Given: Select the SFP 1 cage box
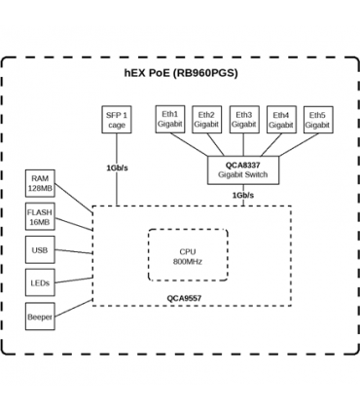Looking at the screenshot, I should (x=116, y=121).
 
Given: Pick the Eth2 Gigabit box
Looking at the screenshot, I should (x=205, y=120).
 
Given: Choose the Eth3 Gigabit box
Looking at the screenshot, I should (x=243, y=120).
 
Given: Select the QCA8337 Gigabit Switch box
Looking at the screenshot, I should (x=243, y=170).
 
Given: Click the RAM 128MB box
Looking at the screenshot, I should (x=40, y=183).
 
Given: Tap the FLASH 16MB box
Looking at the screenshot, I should (x=40, y=216).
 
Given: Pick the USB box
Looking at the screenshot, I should (x=40, y=250).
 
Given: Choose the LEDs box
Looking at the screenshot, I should (x=40, y=283).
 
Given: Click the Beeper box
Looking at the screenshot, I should (x=40, y=317).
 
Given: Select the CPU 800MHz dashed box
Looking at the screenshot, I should (x=187, y=255).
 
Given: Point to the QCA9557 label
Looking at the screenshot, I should (x=184, y=299).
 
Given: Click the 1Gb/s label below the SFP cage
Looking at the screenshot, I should (x=116, y=168).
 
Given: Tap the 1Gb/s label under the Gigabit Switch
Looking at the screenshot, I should (x=243, y=195).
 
